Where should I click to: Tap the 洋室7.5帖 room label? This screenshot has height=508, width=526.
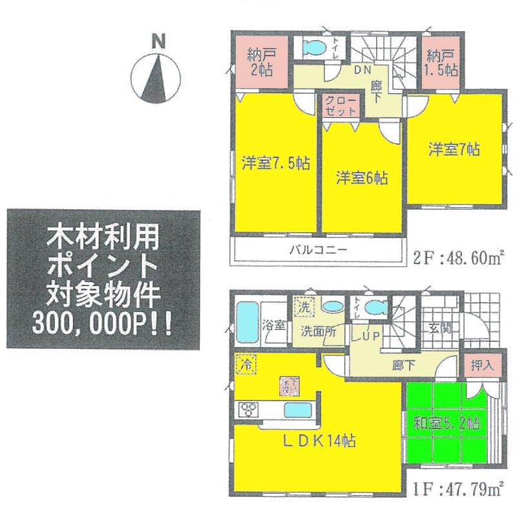pyautogui.click(x=276, y=162)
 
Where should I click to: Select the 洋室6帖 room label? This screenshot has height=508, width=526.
pyautogui.click(x=361, y=178)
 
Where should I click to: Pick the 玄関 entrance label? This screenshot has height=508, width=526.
pyautogui.click(x=439, y=327)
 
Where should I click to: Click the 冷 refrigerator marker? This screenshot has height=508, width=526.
pyautogui.click(x=246, y=365)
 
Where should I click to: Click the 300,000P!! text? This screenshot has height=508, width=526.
pyautogui.click(x=103, y=323)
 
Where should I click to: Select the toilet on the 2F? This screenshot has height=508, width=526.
pyautogui.click(x=313, y=48)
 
